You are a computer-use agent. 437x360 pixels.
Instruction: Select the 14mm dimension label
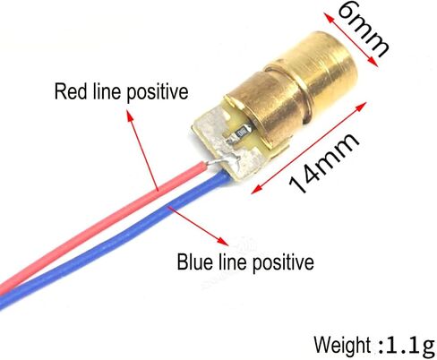(323, 163)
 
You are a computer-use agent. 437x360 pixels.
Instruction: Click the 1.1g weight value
(410, 346)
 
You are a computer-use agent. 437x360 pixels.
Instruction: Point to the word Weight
(342, 345)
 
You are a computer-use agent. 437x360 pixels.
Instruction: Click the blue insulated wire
(114, 242)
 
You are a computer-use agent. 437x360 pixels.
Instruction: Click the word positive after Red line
(158, 92)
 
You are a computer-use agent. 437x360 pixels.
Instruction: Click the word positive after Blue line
(283, 262)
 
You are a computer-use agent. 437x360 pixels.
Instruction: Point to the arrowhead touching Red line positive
(130, 116)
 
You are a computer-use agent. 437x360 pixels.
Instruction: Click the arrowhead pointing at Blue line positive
(222, 241)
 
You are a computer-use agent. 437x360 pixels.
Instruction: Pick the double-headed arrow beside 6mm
(350, 39)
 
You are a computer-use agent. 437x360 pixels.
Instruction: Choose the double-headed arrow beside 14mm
(309, 148)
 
